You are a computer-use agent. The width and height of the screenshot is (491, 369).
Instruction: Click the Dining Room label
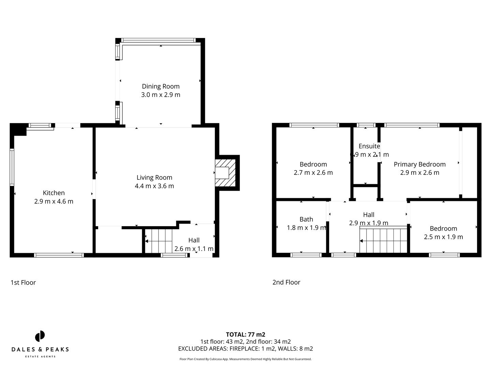(x=161, y=86)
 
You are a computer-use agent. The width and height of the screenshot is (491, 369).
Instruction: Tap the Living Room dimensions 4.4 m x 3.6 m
(x=154, y=186)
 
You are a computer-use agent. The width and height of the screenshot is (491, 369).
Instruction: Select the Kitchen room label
(x=54, y=193)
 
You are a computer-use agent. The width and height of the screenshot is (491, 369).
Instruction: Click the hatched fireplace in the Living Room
(x=225, y=173)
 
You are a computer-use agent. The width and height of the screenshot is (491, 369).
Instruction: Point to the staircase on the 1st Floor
(x=159, y=241)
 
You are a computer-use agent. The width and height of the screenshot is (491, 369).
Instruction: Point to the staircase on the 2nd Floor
(x=384, y=241)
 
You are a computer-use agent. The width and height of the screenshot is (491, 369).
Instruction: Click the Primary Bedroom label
(x=419, y=164)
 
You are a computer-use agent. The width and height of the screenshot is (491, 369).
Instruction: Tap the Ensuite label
(x=369, y=146)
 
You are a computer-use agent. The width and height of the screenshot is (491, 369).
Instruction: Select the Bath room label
(x=306, y=219)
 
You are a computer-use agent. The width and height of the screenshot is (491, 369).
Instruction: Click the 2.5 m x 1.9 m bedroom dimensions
(x=443, y=237)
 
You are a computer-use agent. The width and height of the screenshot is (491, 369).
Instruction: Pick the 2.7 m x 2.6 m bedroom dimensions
(x=313, y=173)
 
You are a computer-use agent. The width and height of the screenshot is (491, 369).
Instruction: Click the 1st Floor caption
(x=23, y=283)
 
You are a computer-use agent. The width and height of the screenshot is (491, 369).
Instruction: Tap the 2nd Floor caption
(x=286, y=282)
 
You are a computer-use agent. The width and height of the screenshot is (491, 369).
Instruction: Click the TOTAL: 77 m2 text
(x=245, y=334)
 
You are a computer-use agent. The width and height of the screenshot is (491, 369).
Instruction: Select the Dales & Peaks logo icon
(x=40, y=336)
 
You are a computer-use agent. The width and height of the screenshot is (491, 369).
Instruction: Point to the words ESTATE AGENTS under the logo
(x=40, y=357)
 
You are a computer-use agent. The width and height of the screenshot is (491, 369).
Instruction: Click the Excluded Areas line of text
(x=245, y=348)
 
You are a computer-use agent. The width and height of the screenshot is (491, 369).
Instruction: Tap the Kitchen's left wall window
(x=12, y=167)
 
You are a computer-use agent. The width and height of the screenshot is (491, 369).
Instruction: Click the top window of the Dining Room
(x=159, y=40)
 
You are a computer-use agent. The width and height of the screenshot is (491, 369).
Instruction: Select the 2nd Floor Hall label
(x=369, y=215)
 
